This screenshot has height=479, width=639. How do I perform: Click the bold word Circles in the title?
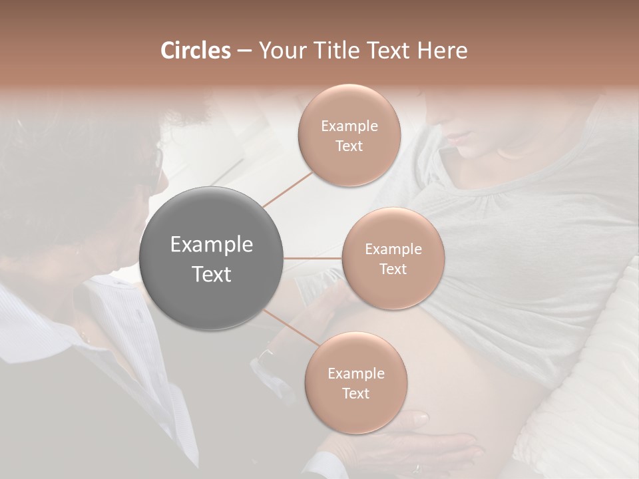(196, 51)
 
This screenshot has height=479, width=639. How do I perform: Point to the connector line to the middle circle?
(313, 257)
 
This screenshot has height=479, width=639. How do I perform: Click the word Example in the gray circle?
(212, 245)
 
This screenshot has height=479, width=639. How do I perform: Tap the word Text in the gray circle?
(212, 274)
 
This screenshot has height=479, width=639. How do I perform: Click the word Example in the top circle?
(349, 126)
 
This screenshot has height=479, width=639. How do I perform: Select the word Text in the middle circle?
(393, 269)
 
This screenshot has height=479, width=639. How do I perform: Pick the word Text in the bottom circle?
(355, 393)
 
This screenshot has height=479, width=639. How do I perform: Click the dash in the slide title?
(244, 51)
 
